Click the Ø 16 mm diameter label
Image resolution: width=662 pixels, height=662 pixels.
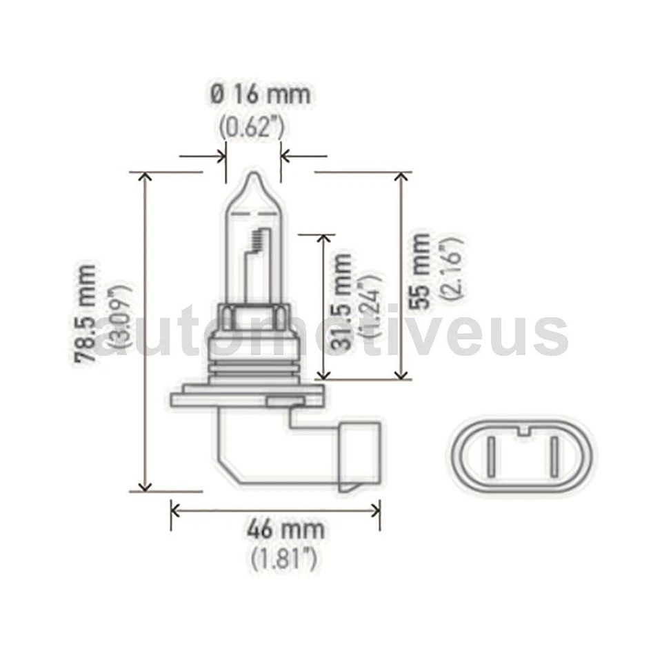(x=261, y=94)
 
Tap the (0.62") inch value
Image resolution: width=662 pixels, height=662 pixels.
(x=253, y=128)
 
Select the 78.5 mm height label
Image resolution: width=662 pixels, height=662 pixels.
(x=87, y=314)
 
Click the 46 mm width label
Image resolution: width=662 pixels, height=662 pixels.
(x=285, y=530)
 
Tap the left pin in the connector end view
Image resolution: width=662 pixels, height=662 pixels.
(x=490, y=457)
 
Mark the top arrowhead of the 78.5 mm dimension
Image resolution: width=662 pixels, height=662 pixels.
(x=145, y=178)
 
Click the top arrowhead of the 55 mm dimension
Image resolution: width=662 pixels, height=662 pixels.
(x=400, y=178)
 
